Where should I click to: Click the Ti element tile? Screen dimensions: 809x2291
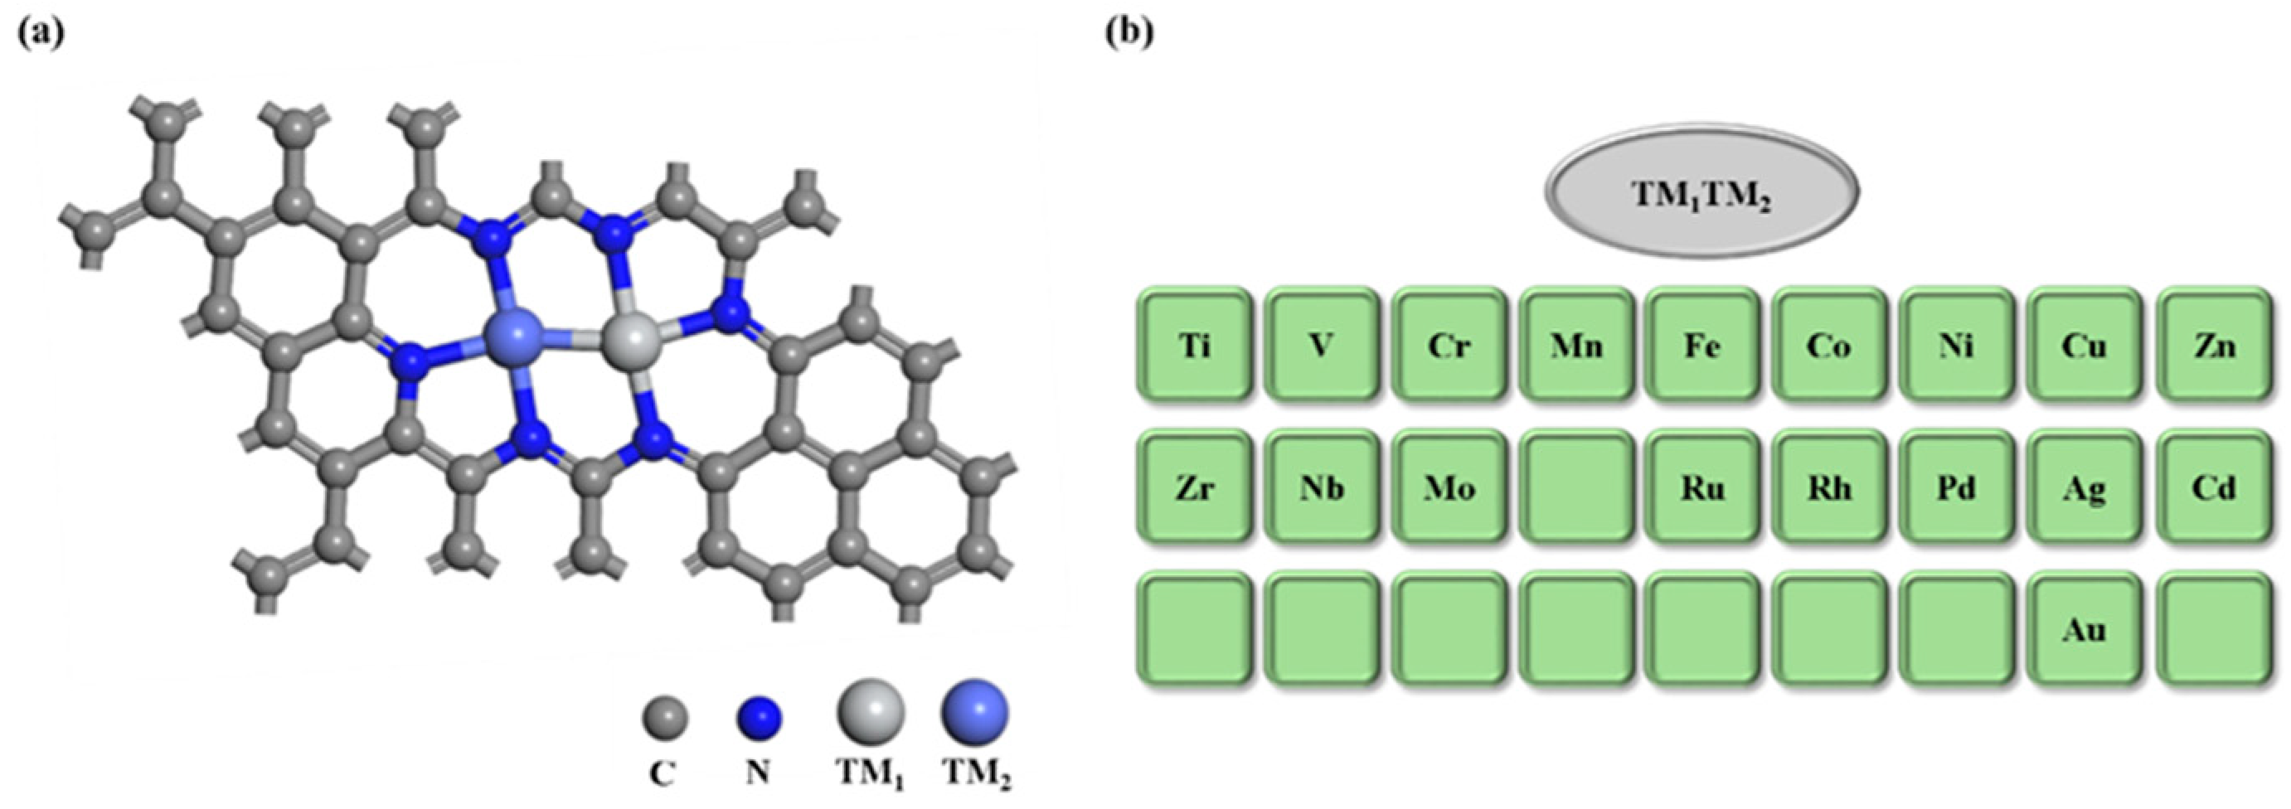(1194, 344)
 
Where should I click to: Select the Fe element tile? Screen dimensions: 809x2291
(1702, 344)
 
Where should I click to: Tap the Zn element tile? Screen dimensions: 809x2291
(2214, 344)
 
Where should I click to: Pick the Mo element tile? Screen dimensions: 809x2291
(1449, 487)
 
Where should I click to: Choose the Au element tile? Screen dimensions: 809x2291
(2085, 629)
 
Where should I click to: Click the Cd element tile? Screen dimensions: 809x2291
(2214, 487)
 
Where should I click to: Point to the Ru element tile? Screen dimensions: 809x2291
(1702, 487)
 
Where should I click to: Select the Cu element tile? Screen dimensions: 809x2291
(2085, 344)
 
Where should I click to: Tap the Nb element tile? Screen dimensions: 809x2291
(1322, 487)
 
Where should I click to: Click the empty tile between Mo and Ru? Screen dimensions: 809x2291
(1576, 487)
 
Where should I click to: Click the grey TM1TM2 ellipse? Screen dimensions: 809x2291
(1701, 192)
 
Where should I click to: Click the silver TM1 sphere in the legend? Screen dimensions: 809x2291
(870, 712)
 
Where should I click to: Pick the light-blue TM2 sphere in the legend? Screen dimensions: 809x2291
(975, 712)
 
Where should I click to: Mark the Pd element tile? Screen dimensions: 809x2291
(1958, 487)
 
